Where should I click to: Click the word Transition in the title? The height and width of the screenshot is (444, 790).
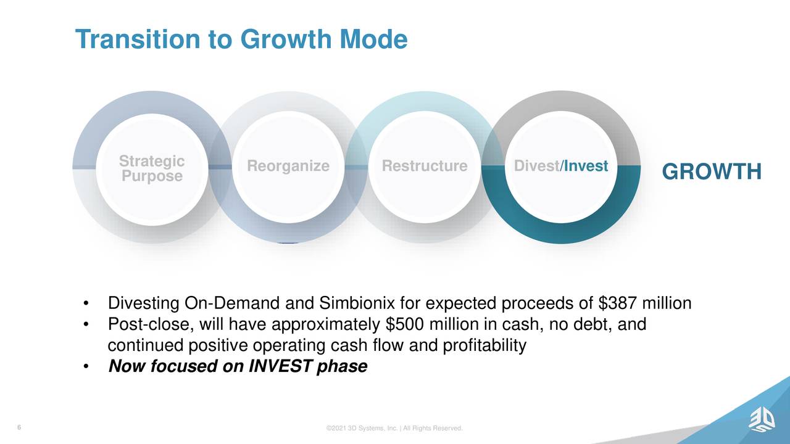[x=138, y=39]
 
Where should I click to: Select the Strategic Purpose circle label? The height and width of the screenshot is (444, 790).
[x=152, y=168]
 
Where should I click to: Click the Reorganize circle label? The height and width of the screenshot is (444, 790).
[x=288, y=166]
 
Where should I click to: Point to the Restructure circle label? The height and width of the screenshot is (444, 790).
[x=425, y=166]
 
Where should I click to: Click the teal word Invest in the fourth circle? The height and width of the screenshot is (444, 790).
[x=586, y=166]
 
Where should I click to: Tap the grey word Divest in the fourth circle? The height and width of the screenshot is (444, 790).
[x=536, y=166]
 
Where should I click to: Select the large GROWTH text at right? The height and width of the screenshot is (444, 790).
[x=712, y=171]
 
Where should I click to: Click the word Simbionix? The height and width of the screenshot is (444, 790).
[x=357, y=303]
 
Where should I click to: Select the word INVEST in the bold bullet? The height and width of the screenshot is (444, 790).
[x=281, y=366]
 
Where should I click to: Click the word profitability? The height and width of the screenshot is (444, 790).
[x=484, y=346]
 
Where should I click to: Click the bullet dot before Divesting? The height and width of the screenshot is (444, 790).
[x=86, y=304]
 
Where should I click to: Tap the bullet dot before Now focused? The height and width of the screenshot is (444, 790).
[x=86, y=367]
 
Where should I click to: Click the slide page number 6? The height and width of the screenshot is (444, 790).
[x=19, y=427]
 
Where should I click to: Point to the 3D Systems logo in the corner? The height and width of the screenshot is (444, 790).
[x=762, y=425]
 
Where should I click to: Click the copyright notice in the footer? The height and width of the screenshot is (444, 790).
[x=394, y=428]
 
